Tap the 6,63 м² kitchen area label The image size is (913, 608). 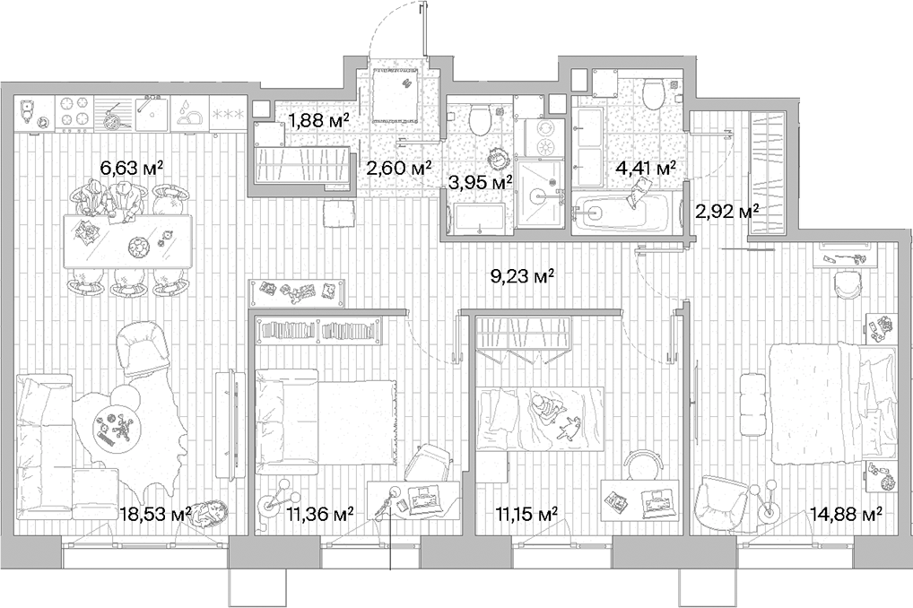[x=131, y=167]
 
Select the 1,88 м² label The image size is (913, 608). [x=317, y=119]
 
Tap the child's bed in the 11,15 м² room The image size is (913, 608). [x=539, y=417]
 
